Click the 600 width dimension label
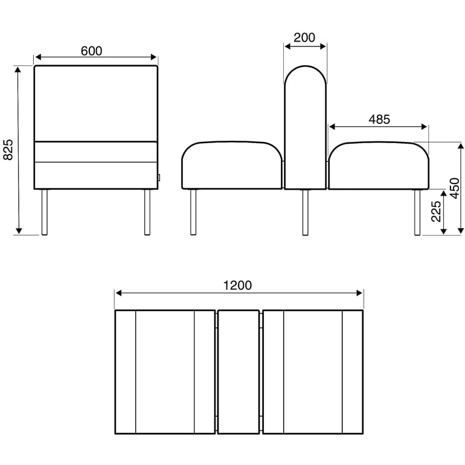[x=91, y=51]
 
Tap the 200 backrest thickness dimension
[x=304, y=37]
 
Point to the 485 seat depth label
[x=379, y=120]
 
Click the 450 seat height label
[x=455, y=188]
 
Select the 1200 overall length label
[x=239, y=285]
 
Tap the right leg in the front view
[x=147, y=212]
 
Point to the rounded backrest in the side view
[x=305, y=127]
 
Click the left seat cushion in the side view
[x=232, y=165]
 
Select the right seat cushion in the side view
[x=378, y=165]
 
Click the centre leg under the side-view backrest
[x=305, y=212]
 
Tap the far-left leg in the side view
[x=193, y=212]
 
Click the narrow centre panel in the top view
[x=239, y=372]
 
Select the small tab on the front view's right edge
[x=159, y=178]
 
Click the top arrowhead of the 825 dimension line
[x=19, y=70]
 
